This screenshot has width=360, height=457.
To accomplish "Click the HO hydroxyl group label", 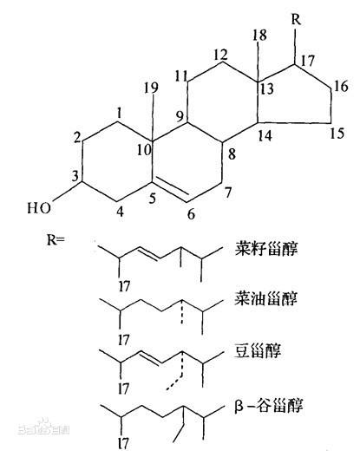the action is [x=39, y=208].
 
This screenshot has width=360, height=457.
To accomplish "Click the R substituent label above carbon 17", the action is [x=296, y=20].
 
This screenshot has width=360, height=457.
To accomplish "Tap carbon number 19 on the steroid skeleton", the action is [x=151, y=88].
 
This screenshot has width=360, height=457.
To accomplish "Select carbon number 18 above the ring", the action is [x=259, y=36].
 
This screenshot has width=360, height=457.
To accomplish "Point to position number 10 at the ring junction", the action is [x=145, y=150].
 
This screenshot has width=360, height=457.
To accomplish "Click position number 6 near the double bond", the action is [x=191, y=214].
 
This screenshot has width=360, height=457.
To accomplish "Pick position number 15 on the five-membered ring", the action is [x=337, y=134].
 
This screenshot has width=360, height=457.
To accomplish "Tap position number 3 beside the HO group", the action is [x=75, y=176].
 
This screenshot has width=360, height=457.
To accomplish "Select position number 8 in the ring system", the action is [x=232, y=154].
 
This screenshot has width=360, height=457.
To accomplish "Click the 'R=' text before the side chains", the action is [x=56, y=240].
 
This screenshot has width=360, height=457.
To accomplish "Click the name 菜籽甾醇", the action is [x=266, y=250].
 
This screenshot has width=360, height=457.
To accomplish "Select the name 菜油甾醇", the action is [x=266, y=298].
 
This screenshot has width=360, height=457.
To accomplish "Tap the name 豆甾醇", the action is [x=258, y=351].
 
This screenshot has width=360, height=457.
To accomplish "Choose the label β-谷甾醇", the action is [x=269, y=406].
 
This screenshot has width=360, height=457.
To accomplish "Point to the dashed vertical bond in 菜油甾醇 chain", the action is [x=181, y=311].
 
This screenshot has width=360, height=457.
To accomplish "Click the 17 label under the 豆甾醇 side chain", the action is [x=123, y=388].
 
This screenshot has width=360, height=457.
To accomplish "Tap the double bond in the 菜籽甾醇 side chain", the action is [x=149, y=253].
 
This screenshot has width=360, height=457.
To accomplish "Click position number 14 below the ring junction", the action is [x=265, y=135].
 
